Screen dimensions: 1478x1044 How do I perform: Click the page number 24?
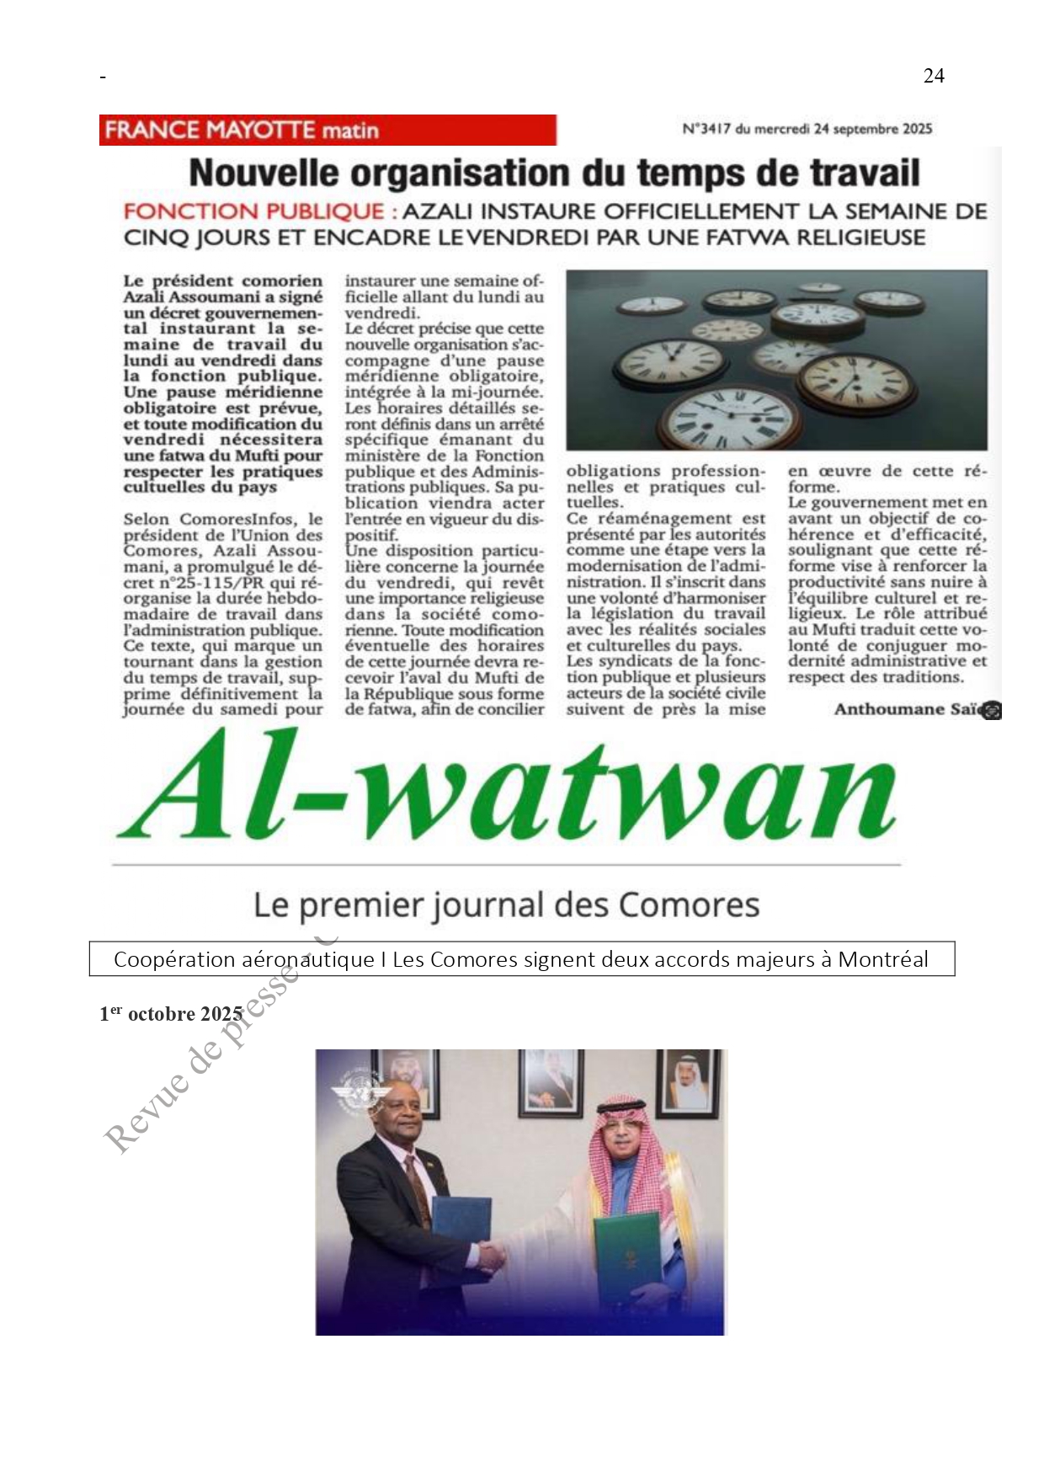pos(934,76)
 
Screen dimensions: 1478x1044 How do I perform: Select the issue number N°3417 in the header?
pos(706,129)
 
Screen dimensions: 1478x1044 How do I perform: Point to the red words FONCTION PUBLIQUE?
pos(253,211)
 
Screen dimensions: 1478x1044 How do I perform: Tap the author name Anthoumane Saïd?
pos(908,709)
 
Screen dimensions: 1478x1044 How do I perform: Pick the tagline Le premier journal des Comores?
pos(506,905)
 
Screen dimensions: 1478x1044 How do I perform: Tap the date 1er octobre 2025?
pos(171,1014)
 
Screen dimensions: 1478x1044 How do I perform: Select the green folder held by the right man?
pos(626,1254)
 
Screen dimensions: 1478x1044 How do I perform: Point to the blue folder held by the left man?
pos(461,1225)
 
